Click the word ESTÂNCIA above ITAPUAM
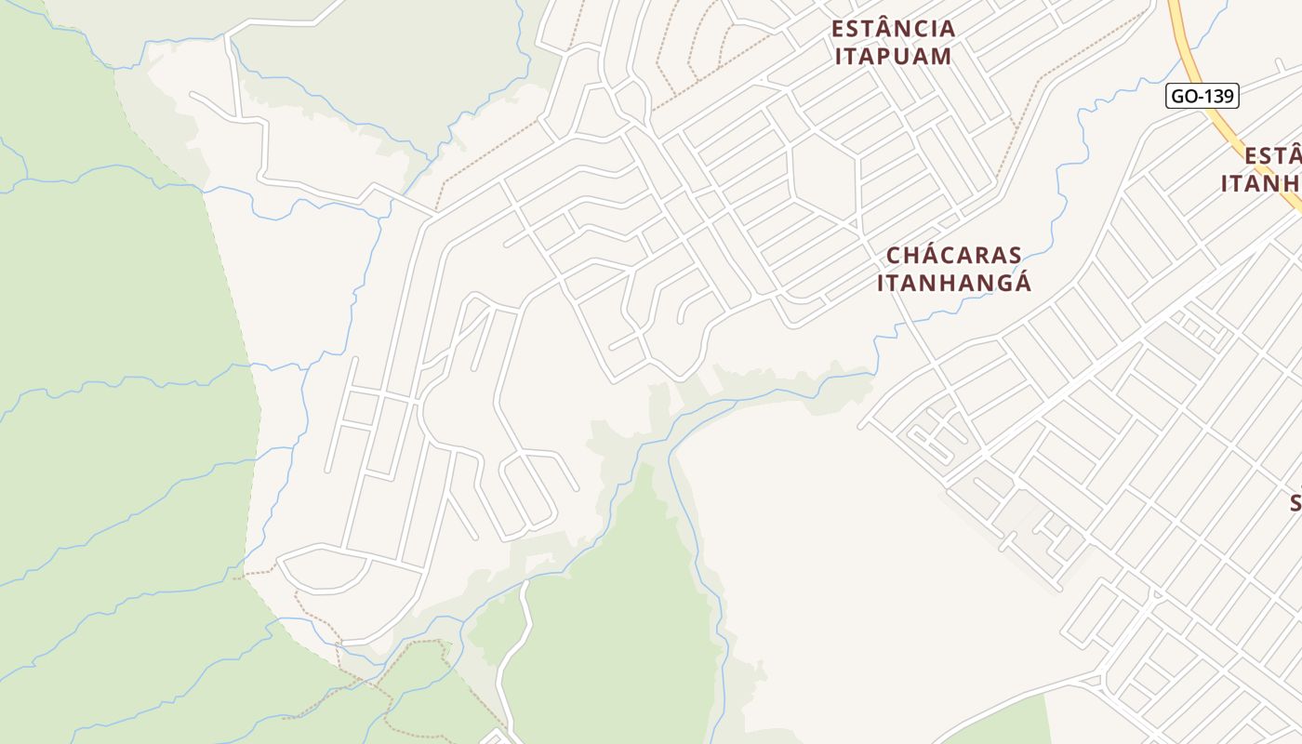point(893,29)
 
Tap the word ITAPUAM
point(893,56)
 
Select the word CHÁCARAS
point(953,256)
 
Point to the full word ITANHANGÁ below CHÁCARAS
point(954,283)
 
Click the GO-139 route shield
point(1202,96)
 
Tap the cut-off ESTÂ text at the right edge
point(1272,155)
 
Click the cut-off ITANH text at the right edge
point(1261,183)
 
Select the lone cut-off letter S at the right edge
point(1295,503)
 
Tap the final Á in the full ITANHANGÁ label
point(1022,282)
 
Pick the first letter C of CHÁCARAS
point(894,256)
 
